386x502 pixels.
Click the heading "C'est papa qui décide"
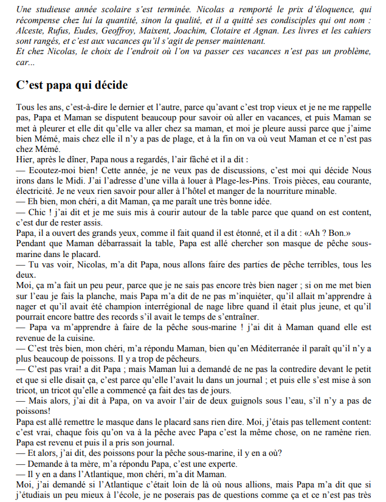[x=72, y=84]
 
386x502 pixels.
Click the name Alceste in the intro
[x=30, y=32]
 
